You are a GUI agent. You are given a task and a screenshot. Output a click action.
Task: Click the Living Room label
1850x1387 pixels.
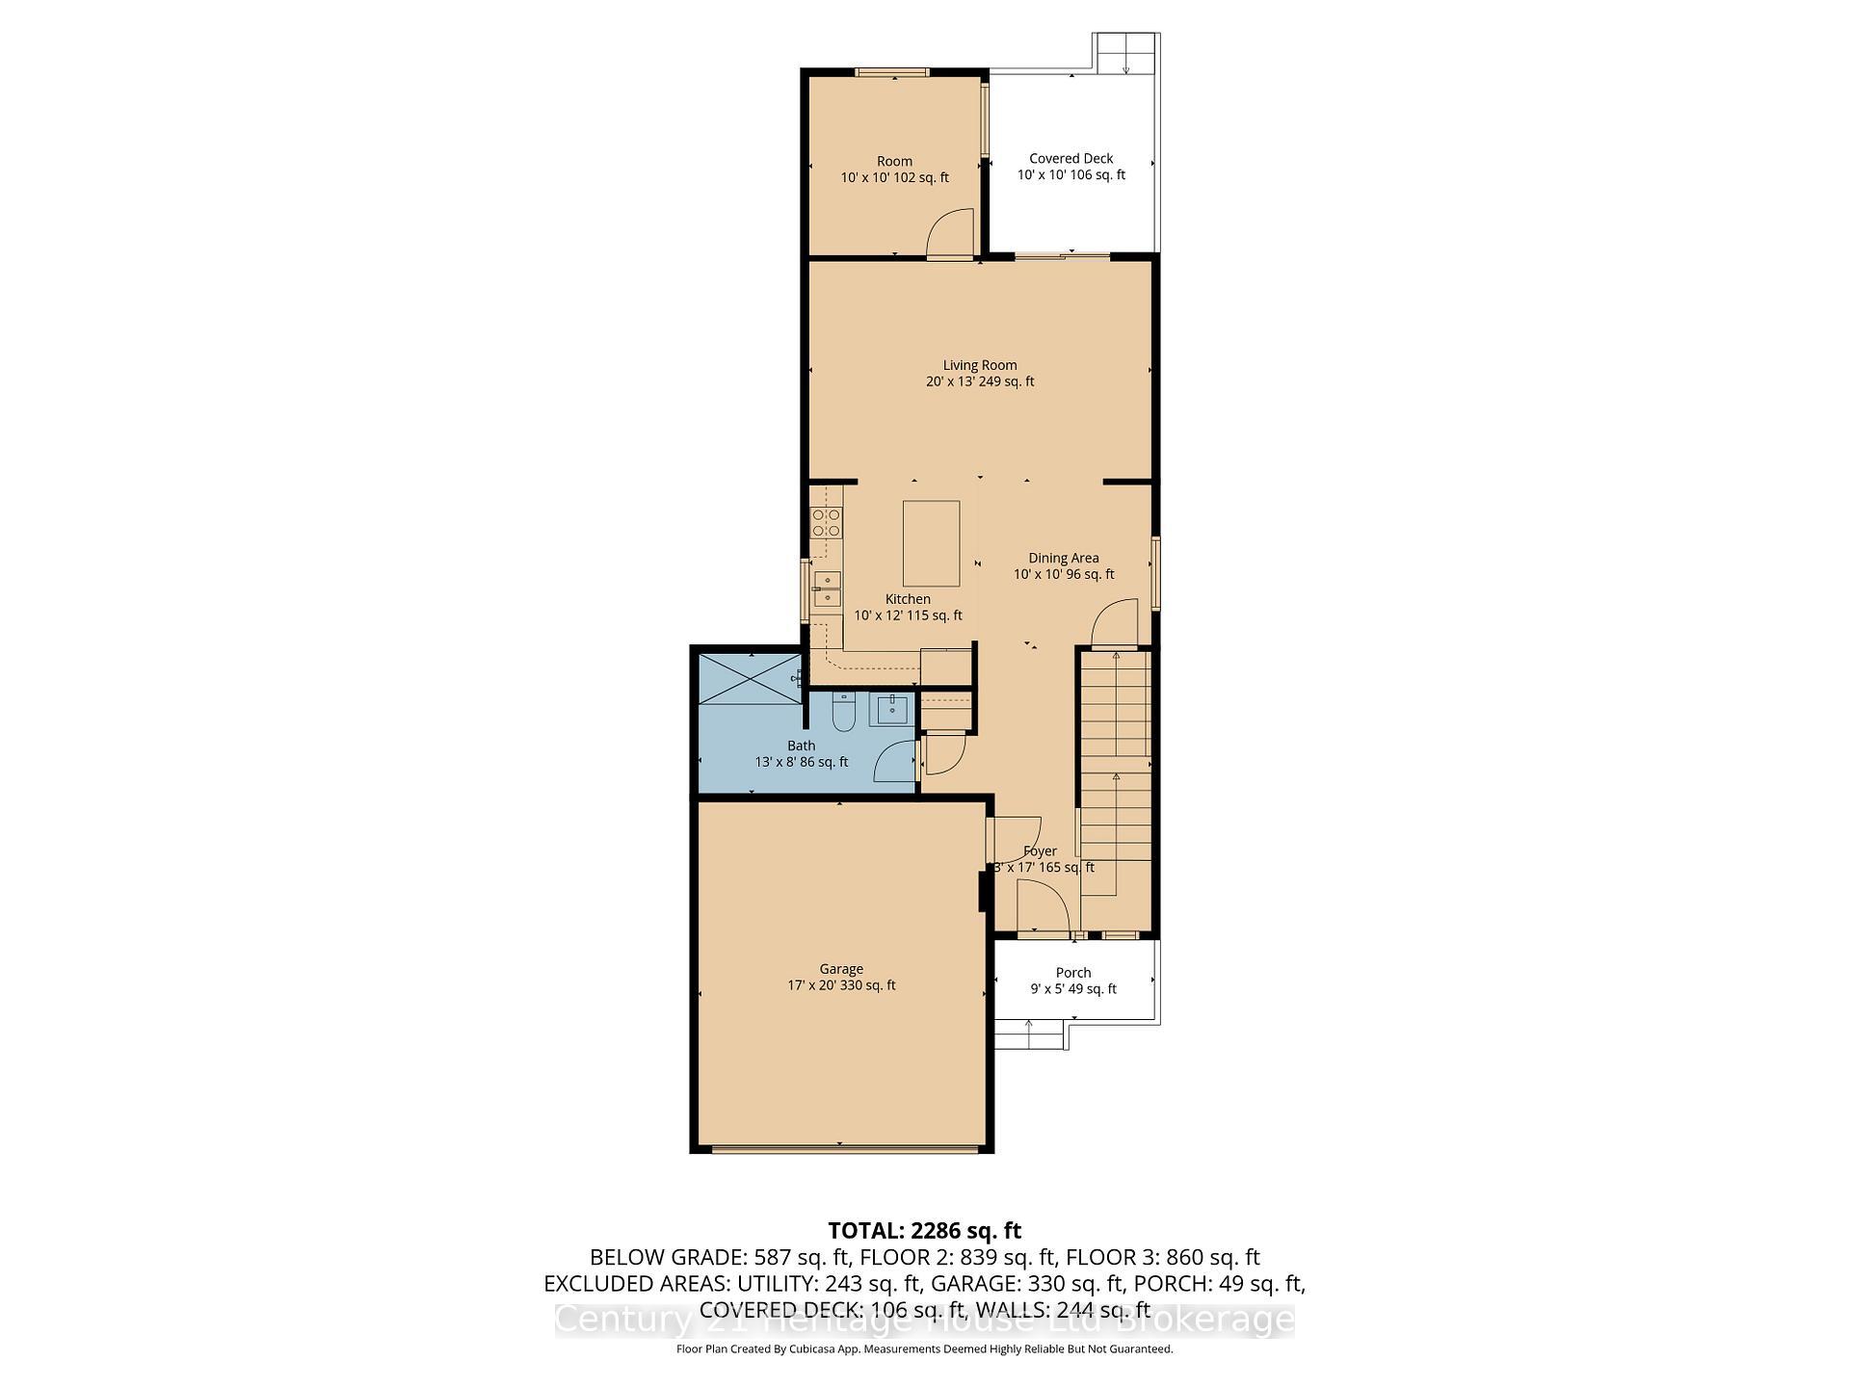pyautogui.click(x=980, y=365)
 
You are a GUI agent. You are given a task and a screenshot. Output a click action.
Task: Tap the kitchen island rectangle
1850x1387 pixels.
pyautogui.click(x=931, y=543)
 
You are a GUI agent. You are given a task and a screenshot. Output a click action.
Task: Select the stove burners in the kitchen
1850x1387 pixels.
pyautogui.click(x=826, y=522)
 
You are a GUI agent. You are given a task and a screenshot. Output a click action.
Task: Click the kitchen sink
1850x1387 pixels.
pyautogui.click(x=826, y=589)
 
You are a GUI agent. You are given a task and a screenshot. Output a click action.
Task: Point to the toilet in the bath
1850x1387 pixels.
pyautogui.click(x=843, y=712)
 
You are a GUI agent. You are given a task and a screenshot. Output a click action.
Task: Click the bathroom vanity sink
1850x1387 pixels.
pyautogui.click(x=889, y=710)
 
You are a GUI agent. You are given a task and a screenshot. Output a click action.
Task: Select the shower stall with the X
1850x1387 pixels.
pyautogui.click(x=749, y=678)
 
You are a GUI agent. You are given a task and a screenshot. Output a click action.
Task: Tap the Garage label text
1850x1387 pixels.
pyautogui.click(x=841, y=969)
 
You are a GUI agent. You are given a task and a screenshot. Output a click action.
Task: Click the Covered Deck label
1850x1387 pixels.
pyautogui.click(x=1070, y=159)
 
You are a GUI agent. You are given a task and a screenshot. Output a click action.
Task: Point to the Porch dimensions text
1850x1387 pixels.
pyautogui.click(x=1072, y=989)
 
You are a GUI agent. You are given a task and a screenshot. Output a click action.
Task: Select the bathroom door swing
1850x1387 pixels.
pyautogui.click(x=893, y=761)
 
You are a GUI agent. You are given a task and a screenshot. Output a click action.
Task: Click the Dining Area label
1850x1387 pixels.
pyautogui.click(x=1063, y=558)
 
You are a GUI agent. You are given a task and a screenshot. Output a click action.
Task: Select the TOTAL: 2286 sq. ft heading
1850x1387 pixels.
pyautogui.click(x=924, y=1230)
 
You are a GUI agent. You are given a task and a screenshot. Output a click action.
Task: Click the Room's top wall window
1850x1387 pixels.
pyautogui.click(x=892, y=72)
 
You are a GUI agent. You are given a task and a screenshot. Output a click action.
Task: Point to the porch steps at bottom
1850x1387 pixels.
pyautogui.click(x=1029, y=1038)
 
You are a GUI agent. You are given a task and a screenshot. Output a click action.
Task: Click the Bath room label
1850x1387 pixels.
pyautogui.click(x=801, y=746)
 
